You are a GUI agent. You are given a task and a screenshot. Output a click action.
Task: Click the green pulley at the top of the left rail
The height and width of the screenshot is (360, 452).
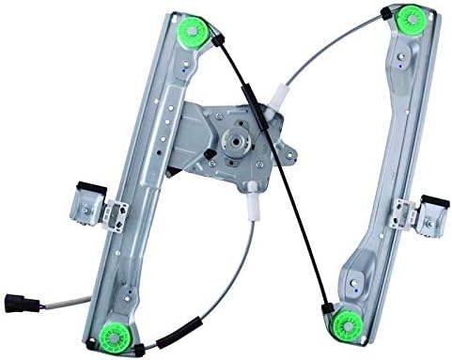coord(195,34)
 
